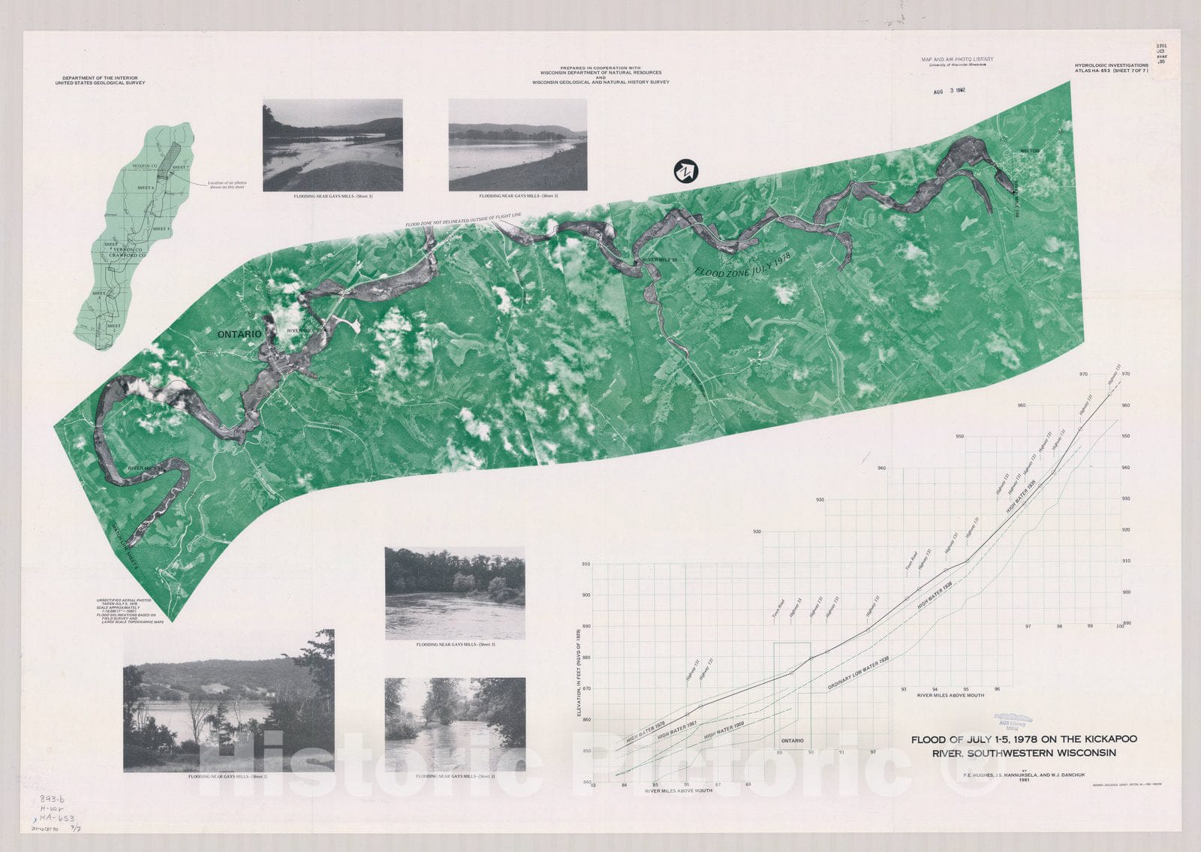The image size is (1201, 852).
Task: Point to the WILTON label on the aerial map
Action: click(1029, 151)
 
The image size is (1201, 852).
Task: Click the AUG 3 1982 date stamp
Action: click(949, 91)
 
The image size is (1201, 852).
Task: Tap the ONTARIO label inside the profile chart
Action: click(792, 740)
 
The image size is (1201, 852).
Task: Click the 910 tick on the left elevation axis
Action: click(585, 564)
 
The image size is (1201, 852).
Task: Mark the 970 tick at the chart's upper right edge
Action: click(1083, 374)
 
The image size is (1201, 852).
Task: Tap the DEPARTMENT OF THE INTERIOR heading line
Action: click(104, 77)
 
